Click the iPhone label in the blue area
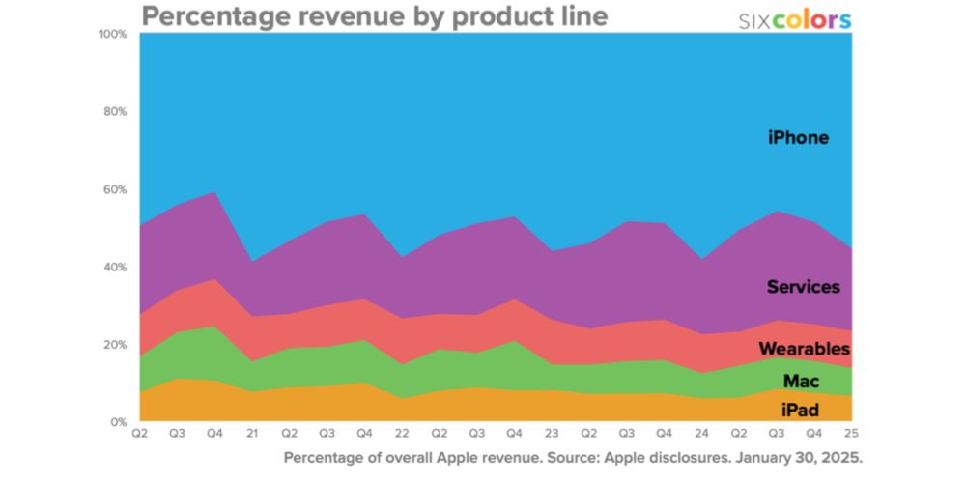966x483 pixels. [x=798, y=137]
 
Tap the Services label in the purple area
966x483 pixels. [x=803, y=287]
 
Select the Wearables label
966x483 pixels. [x=804, y=349]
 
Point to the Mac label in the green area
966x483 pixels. [x=801, y=382]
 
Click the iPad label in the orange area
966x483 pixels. [x=800, y=410]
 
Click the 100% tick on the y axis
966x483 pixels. [x=113, y=34]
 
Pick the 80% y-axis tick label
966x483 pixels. [x=115, y=112]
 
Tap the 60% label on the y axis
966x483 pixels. [x=115, y=189]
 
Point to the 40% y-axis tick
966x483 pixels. [x=115, y=268]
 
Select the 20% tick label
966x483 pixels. [x=115, y=345]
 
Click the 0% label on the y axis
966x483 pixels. [x=118, y=422]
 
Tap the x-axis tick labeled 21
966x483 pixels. [x=253, y=433]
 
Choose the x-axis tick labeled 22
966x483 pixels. [x=401, y=433]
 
